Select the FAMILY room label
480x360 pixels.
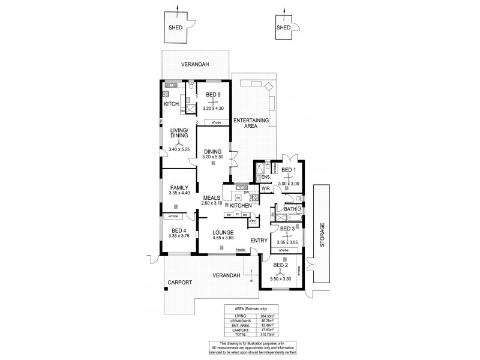pos(179,187)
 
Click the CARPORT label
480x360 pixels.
pos(180,282)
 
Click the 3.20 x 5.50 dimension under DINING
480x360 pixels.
pos(213,157)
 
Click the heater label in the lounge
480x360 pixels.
pos(241,250)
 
